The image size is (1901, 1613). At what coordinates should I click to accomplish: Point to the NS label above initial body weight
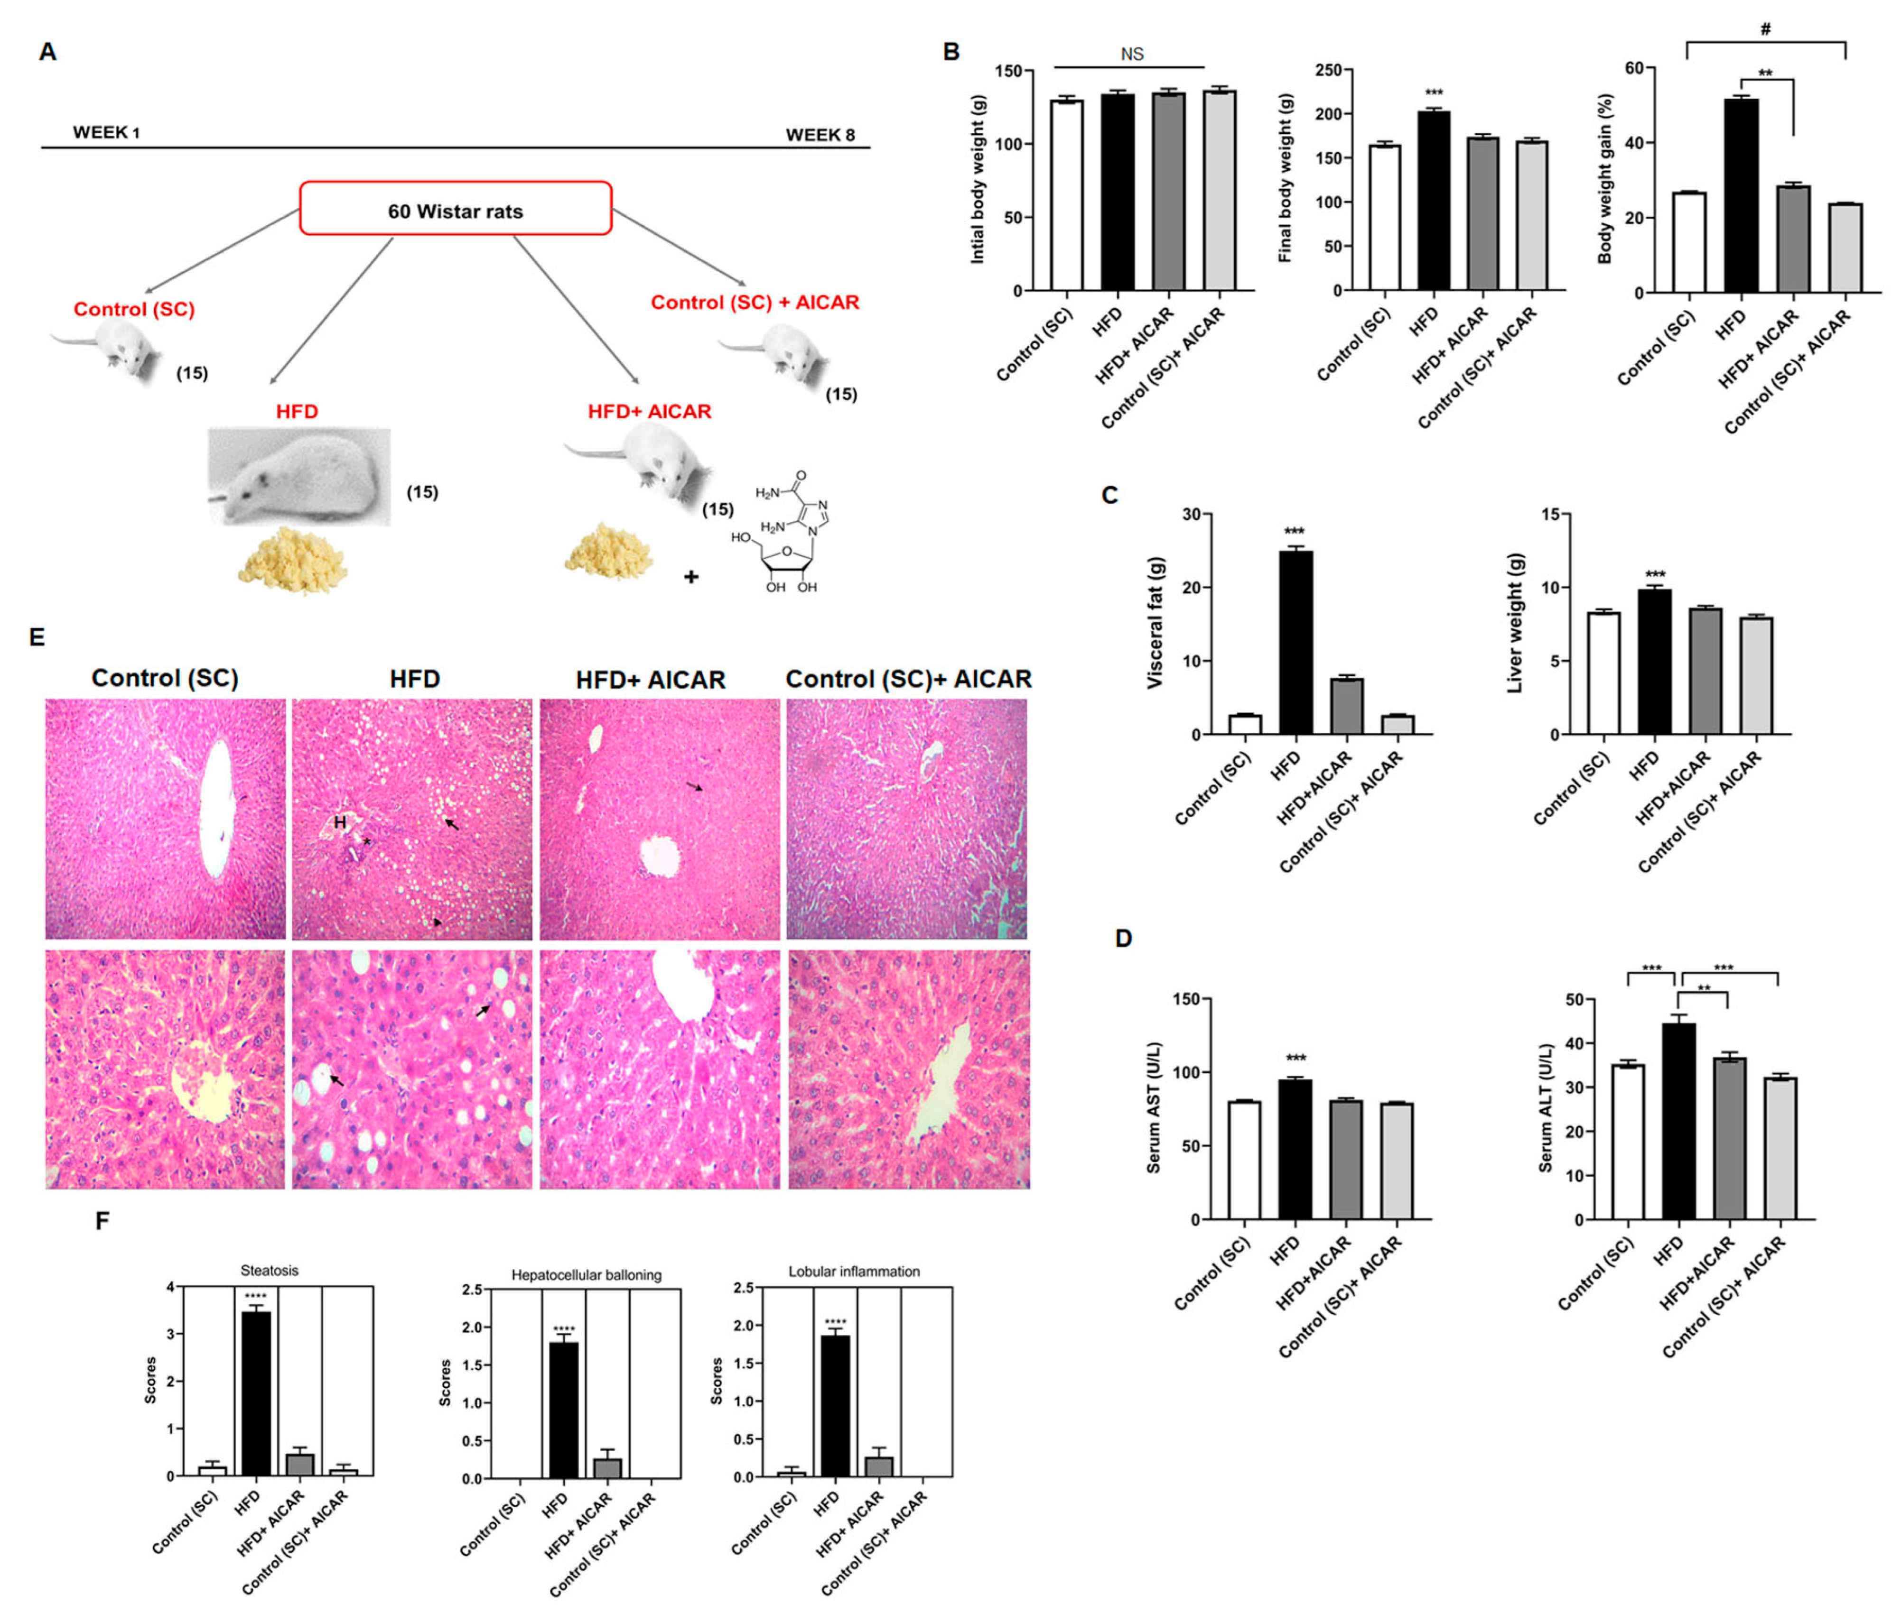(1132, 54)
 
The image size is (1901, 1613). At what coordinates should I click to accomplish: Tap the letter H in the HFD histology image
(339, 822)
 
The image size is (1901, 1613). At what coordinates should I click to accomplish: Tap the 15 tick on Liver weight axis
(1550, 515)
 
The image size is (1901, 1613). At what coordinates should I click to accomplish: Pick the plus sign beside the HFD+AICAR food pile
(691, 577)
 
